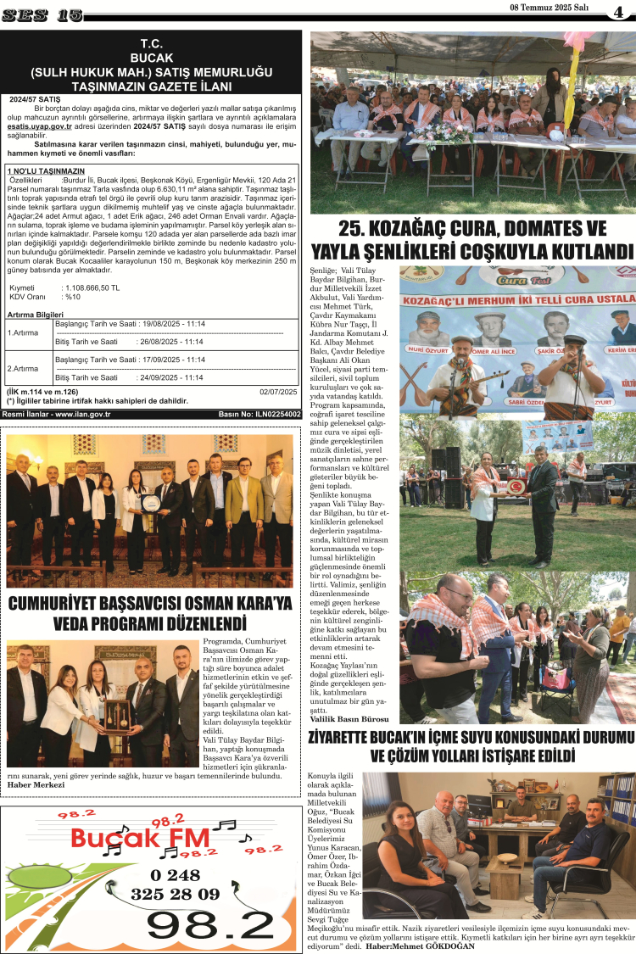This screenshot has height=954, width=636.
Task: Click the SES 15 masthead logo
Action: (x=42, y=14)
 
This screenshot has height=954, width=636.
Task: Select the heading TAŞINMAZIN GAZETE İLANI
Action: (x=152, y=86)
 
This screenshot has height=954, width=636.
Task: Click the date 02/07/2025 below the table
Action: (x=278, y=391)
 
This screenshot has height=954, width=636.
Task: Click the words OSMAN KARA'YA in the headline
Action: (x=229, y=604)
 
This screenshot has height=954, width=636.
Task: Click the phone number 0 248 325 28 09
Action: (x=175, y=884)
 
